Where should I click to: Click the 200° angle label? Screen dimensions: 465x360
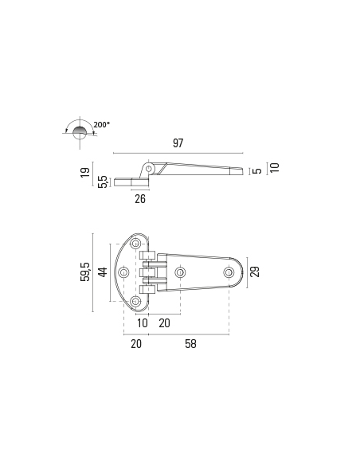click(101, 124)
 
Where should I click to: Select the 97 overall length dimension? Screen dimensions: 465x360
click(178, 143)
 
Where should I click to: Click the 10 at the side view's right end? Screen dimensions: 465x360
click(274, 167)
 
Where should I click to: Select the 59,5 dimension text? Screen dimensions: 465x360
click(84, 273)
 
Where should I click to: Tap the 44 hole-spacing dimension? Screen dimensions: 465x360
click(102, 273)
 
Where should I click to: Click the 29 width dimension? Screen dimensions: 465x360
click(255, 272)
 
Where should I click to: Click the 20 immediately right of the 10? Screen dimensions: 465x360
click(164, 322)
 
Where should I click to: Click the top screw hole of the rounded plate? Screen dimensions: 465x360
click(135, 242)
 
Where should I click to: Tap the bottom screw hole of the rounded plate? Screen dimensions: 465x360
click(135, 302)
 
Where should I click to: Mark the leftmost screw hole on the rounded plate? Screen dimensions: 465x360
click(123, 272)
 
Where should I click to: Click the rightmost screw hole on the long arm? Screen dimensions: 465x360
click(229, 272)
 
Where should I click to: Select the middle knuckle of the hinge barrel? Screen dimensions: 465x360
click(146, 273)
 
